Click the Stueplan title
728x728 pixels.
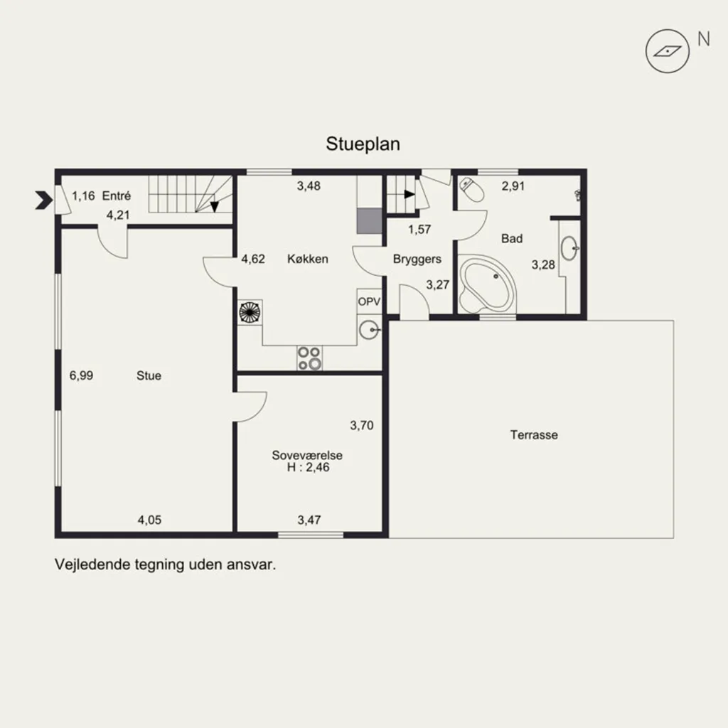tap(363, 144)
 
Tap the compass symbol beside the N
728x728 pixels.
tap(667, 51)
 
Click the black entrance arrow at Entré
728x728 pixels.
tap(44, 200)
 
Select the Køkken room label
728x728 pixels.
tap(307, 259)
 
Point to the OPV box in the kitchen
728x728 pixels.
tap(369, 301)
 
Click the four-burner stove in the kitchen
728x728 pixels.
tap(310, 358)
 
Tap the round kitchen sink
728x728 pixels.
tap(370, 330)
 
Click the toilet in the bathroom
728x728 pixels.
tap(472, 190)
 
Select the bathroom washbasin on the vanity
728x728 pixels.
tap(569, 248)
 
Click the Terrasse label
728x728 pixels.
tap(534, 435)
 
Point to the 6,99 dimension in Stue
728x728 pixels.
tap(81, 375)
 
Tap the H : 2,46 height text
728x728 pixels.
tap(308, 467)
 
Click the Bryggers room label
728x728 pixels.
tap(417, 259)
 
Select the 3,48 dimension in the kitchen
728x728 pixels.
tap(309, 186)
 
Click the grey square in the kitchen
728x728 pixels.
tap(370, 221)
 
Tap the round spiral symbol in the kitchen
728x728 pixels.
tap(250, 313)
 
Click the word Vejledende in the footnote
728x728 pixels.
tap(92, 564)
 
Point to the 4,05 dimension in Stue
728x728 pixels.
tap(149, 520)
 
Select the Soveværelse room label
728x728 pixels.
tap(307, 455)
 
